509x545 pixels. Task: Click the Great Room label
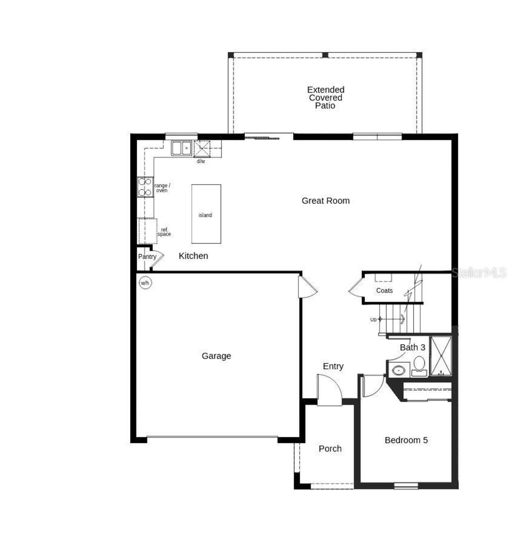325,201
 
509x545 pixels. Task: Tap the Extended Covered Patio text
325,97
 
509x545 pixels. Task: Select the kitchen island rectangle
206,214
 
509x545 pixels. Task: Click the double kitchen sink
181,148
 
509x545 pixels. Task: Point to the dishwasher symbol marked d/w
202,149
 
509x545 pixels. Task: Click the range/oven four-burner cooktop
145,187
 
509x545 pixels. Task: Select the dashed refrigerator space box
147,231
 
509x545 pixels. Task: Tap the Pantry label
147,257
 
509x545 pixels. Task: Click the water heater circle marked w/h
145,283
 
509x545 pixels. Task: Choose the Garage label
216,356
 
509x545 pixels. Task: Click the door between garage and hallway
307,287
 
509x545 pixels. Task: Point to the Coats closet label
384,291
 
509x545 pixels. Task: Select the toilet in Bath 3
419,366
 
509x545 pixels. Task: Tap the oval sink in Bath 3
398,370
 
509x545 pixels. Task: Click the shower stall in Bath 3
441,356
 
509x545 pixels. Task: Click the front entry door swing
329,390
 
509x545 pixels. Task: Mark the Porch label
330,449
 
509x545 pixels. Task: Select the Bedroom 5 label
406,440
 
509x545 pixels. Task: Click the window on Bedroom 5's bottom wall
406,485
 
